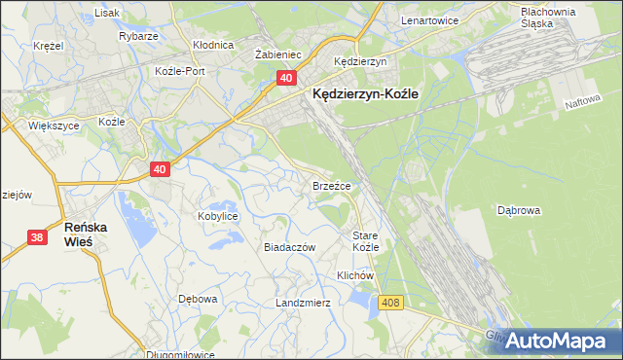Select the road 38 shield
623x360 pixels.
click(37, 236)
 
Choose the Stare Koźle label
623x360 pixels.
click(365, 241)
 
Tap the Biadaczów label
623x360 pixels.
click(290, 247)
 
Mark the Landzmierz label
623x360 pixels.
click(303, 303)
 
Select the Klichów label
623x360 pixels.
click(355, 275)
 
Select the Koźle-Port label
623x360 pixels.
click(179, 71)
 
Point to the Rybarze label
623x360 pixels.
click(138, 36)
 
